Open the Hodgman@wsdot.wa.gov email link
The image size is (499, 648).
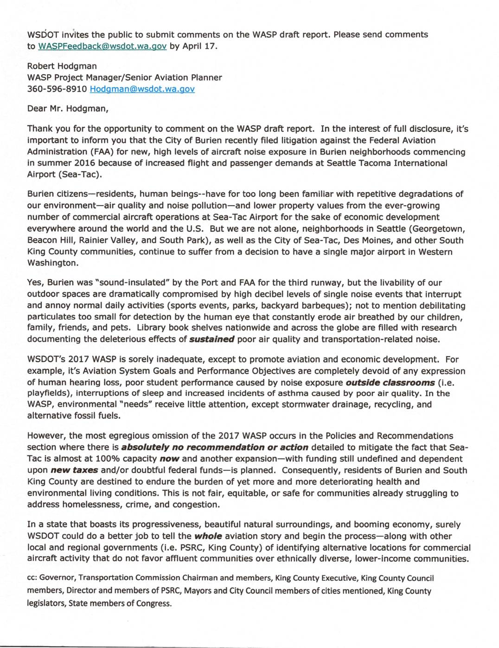(142, 89)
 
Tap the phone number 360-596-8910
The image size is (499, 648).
(57, 89)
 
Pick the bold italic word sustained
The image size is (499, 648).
(212, 339)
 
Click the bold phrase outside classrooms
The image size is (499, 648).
(390, 382)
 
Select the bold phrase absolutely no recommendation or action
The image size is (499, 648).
(215, 447)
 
